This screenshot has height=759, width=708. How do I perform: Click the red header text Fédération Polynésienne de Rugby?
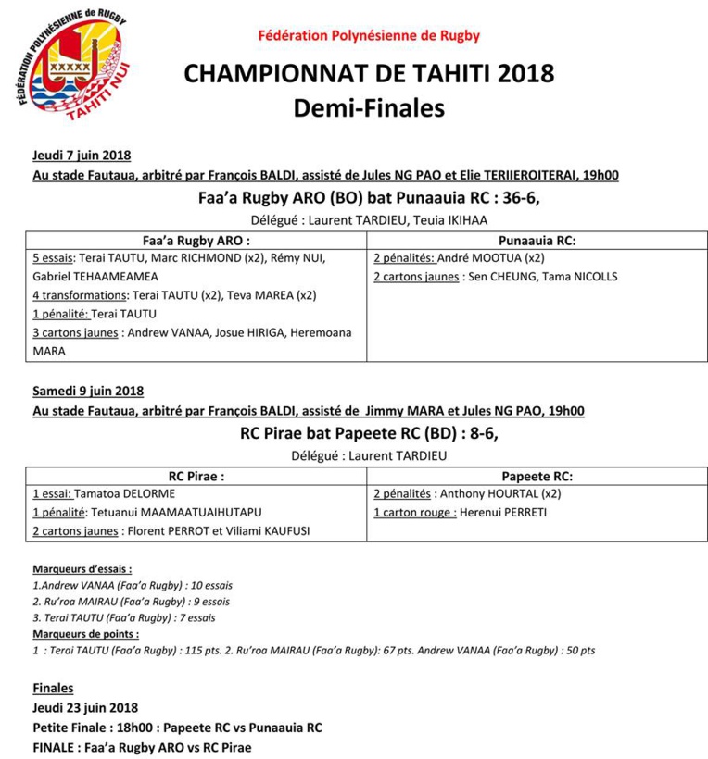click(369, 36)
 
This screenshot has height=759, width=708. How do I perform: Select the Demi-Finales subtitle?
click(369, 108)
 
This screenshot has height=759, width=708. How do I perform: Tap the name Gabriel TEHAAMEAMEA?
click(95, 276)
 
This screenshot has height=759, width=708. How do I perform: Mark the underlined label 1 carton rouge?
click(414, 512)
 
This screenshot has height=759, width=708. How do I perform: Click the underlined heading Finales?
click(53, 689)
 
